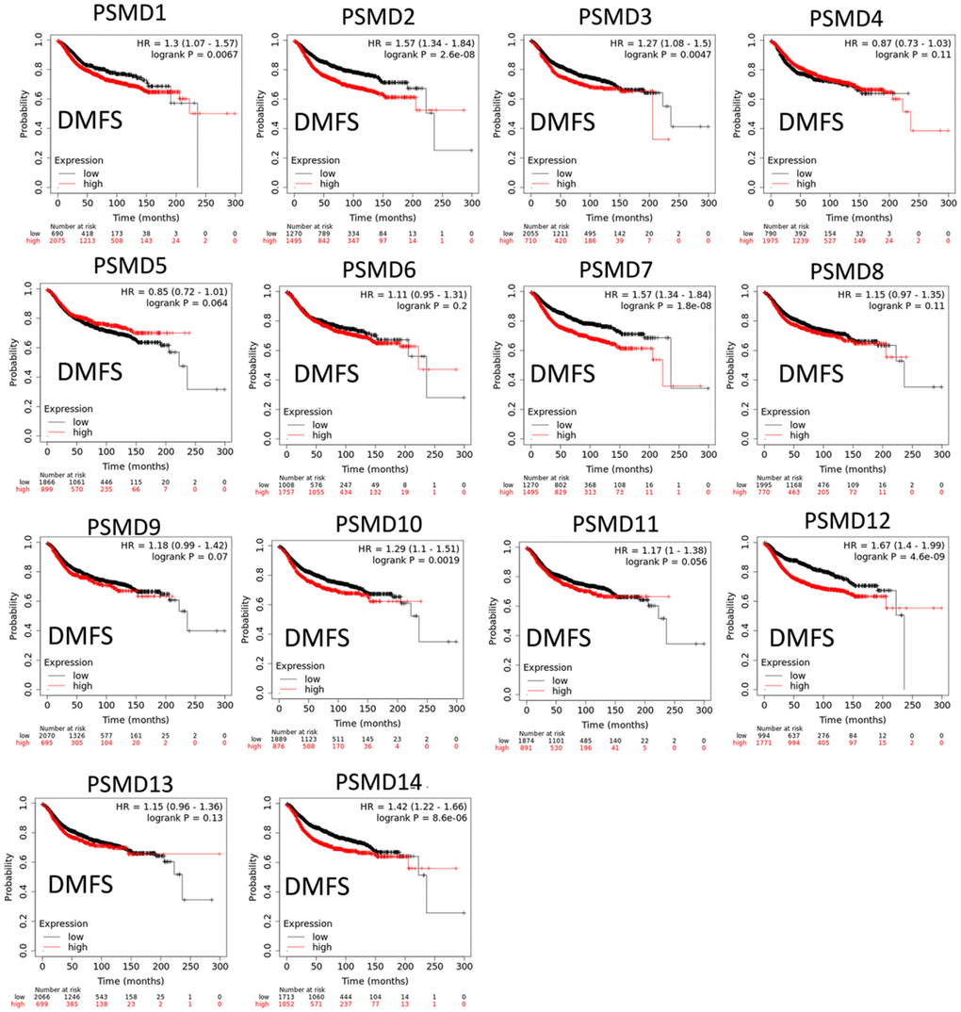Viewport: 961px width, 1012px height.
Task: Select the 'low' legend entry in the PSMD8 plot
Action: (x=799, y=422)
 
